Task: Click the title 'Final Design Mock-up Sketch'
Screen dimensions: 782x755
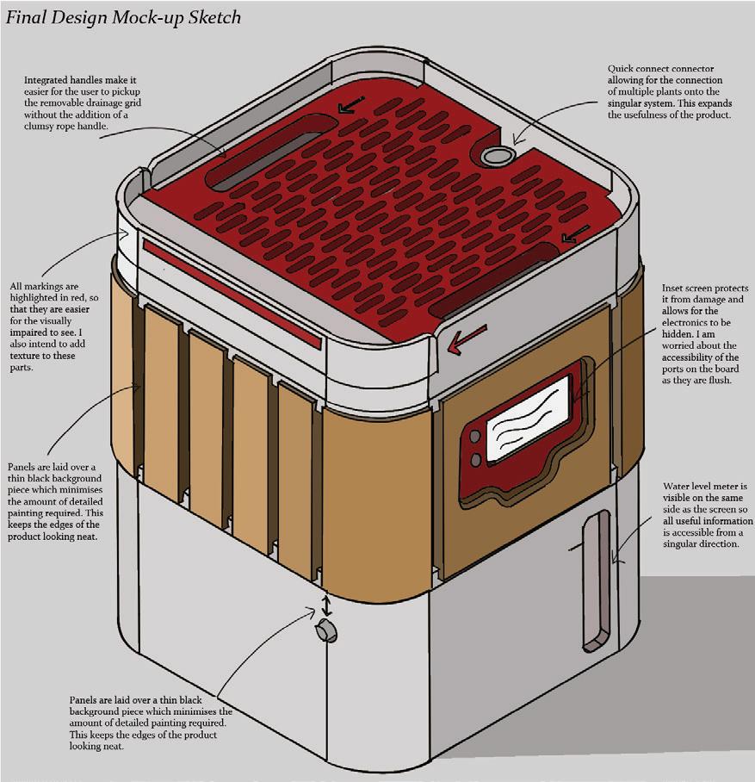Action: pyautogui.click(x=123, y=17)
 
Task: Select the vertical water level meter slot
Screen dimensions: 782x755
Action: pyautogui.click(x=596, y=579)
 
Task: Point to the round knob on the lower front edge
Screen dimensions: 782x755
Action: pyautogui.click(x=326, y=630)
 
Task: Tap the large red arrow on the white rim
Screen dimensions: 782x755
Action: pyautogui.click(x=467, y=340)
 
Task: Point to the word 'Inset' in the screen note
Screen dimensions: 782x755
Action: pyautogui.click(x=675, y=288)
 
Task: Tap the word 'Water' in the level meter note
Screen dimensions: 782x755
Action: pyautogui.click(x=678, y=487)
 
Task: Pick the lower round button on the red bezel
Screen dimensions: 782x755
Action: pyautogui.click(x=475, y=461)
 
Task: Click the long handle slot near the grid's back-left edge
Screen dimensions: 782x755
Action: pyautogui.click(x=263, y=152)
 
